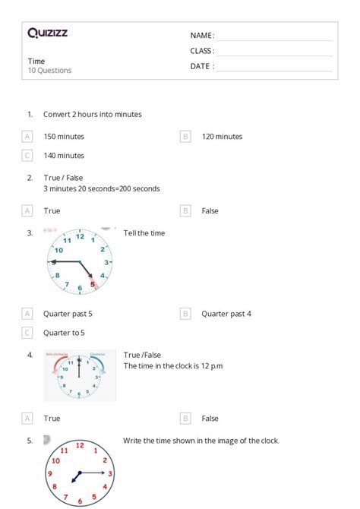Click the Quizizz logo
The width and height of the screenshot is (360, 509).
[48, 33]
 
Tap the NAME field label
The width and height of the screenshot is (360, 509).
[202, 36]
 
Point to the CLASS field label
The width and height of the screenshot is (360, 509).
[202, 51]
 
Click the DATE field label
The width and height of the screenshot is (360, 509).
[202, 66]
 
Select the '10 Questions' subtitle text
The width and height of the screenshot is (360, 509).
[50, 71]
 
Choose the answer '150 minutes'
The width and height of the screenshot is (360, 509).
[64, 137]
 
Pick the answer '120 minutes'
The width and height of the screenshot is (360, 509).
[222, 137]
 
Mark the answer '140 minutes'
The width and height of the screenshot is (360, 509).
[64, 156]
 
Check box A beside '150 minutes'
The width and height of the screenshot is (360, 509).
[27, 137]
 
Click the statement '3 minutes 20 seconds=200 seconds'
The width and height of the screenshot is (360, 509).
[102, 188]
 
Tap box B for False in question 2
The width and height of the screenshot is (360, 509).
[185, 210]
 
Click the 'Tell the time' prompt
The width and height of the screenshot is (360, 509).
[144, 233]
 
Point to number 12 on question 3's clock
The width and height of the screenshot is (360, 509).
[80, 236]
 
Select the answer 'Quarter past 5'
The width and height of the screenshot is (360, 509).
[68, 313]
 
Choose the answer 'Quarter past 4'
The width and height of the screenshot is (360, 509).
[226, 313]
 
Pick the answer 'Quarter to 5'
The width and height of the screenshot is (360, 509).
[64, 332]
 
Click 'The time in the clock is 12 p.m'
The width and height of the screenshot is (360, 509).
[173, 365]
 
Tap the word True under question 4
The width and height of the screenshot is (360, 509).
[52, 418]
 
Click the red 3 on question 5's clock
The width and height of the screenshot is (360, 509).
[110, 473]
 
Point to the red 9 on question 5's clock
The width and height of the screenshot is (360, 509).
[49, 474]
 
